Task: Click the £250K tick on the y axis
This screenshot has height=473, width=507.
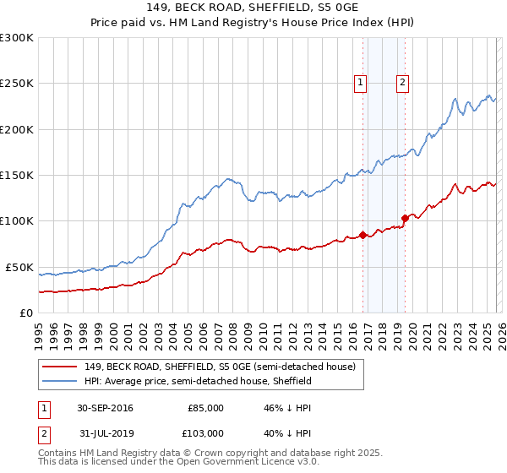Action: (17, 84)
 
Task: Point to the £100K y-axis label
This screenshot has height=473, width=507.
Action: (17, 221)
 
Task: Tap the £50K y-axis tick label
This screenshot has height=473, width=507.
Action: (20, 267)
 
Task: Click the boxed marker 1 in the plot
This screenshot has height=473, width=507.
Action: (361, 82)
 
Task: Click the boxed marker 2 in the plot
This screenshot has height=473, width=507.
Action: (402, 82)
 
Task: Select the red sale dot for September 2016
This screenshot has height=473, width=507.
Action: (363, 235)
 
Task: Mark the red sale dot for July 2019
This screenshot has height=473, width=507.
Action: (405, 218)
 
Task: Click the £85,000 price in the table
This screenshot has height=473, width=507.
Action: (205, 408)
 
